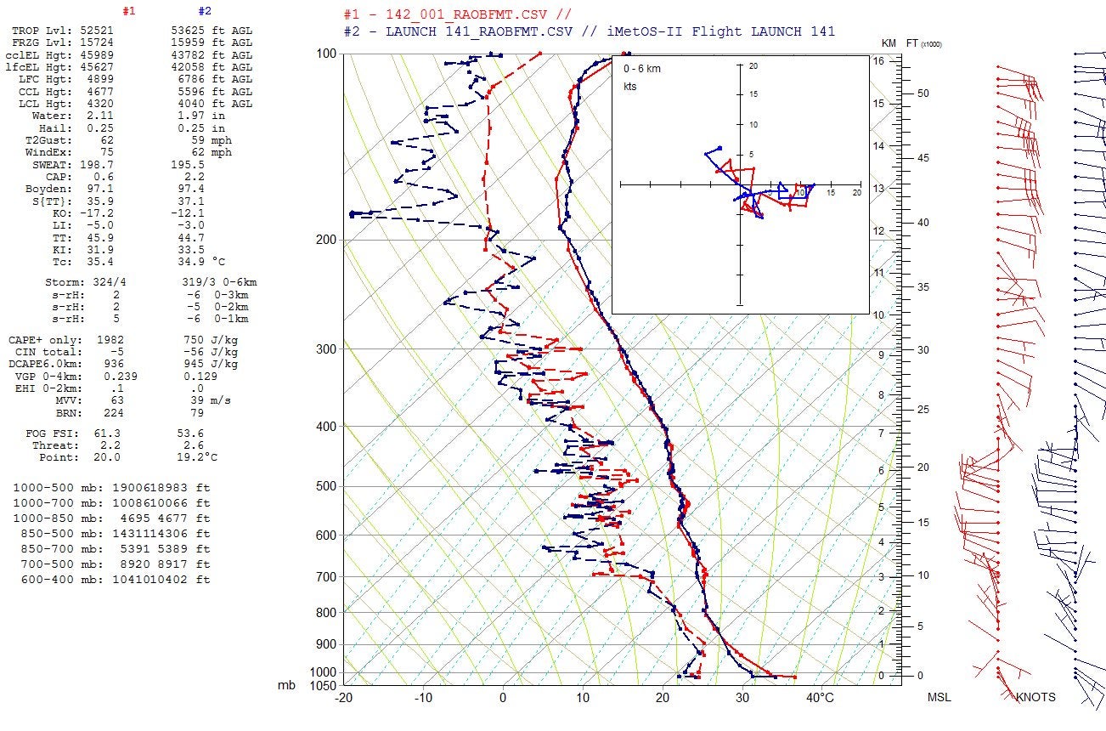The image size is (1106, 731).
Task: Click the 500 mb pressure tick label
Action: [x=325, y=486]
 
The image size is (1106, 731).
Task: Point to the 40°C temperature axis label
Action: [x=820, y=698]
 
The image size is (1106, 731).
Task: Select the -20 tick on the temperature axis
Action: [x=343, y=698]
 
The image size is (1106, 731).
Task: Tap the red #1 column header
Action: [x=129, y=12]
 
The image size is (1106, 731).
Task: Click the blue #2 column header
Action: [x=205, y=12]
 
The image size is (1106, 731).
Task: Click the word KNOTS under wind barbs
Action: [x=1035, y=697]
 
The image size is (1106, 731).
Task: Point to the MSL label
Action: [x=939, y=697]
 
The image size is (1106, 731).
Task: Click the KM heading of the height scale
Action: [x=889, y=43]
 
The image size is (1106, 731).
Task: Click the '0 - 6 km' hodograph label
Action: [x=642, y=68]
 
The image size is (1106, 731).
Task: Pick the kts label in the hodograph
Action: [x=630, y=87]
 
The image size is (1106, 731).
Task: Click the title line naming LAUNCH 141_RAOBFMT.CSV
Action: [x=589, y=31]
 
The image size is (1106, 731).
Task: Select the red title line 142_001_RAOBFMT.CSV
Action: [x=457, y=14]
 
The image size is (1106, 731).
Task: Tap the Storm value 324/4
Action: [x=104, y=281]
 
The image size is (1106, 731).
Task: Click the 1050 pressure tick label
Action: [x=322, y=685]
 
